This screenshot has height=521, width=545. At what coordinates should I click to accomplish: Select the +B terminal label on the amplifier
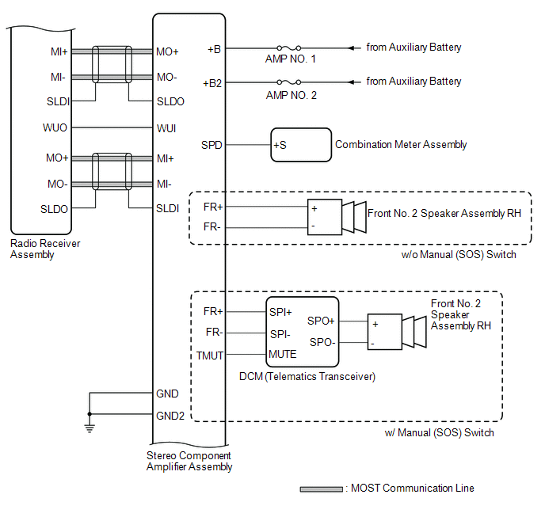(x=214, y=48)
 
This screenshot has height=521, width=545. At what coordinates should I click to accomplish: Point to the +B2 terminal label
(x=212, y=82)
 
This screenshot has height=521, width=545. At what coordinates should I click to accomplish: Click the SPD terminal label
(x=212, y=145)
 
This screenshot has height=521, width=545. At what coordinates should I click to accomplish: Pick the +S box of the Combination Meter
(x=301, y=145)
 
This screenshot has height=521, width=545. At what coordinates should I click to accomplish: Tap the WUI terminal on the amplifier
(x=167, y=127)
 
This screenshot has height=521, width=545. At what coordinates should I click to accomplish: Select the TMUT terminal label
(x=210, y=355)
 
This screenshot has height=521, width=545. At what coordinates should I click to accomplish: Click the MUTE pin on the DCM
(x=283, y=354)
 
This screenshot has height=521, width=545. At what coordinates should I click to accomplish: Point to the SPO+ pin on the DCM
(x=321, y=321)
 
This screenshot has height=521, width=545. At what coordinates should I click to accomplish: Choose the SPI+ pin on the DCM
(x=282, y=311)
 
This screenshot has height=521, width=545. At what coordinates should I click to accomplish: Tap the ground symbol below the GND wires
(x=89, y=428)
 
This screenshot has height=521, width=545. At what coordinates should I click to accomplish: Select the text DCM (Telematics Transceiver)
(x=307, y=376)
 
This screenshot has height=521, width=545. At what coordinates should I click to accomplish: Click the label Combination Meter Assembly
(x=401, y=145)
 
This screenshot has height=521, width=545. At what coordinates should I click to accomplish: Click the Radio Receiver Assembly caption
(x=45, y=249)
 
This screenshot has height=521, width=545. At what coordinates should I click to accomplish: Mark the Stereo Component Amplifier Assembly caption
(x=189, y=461)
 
